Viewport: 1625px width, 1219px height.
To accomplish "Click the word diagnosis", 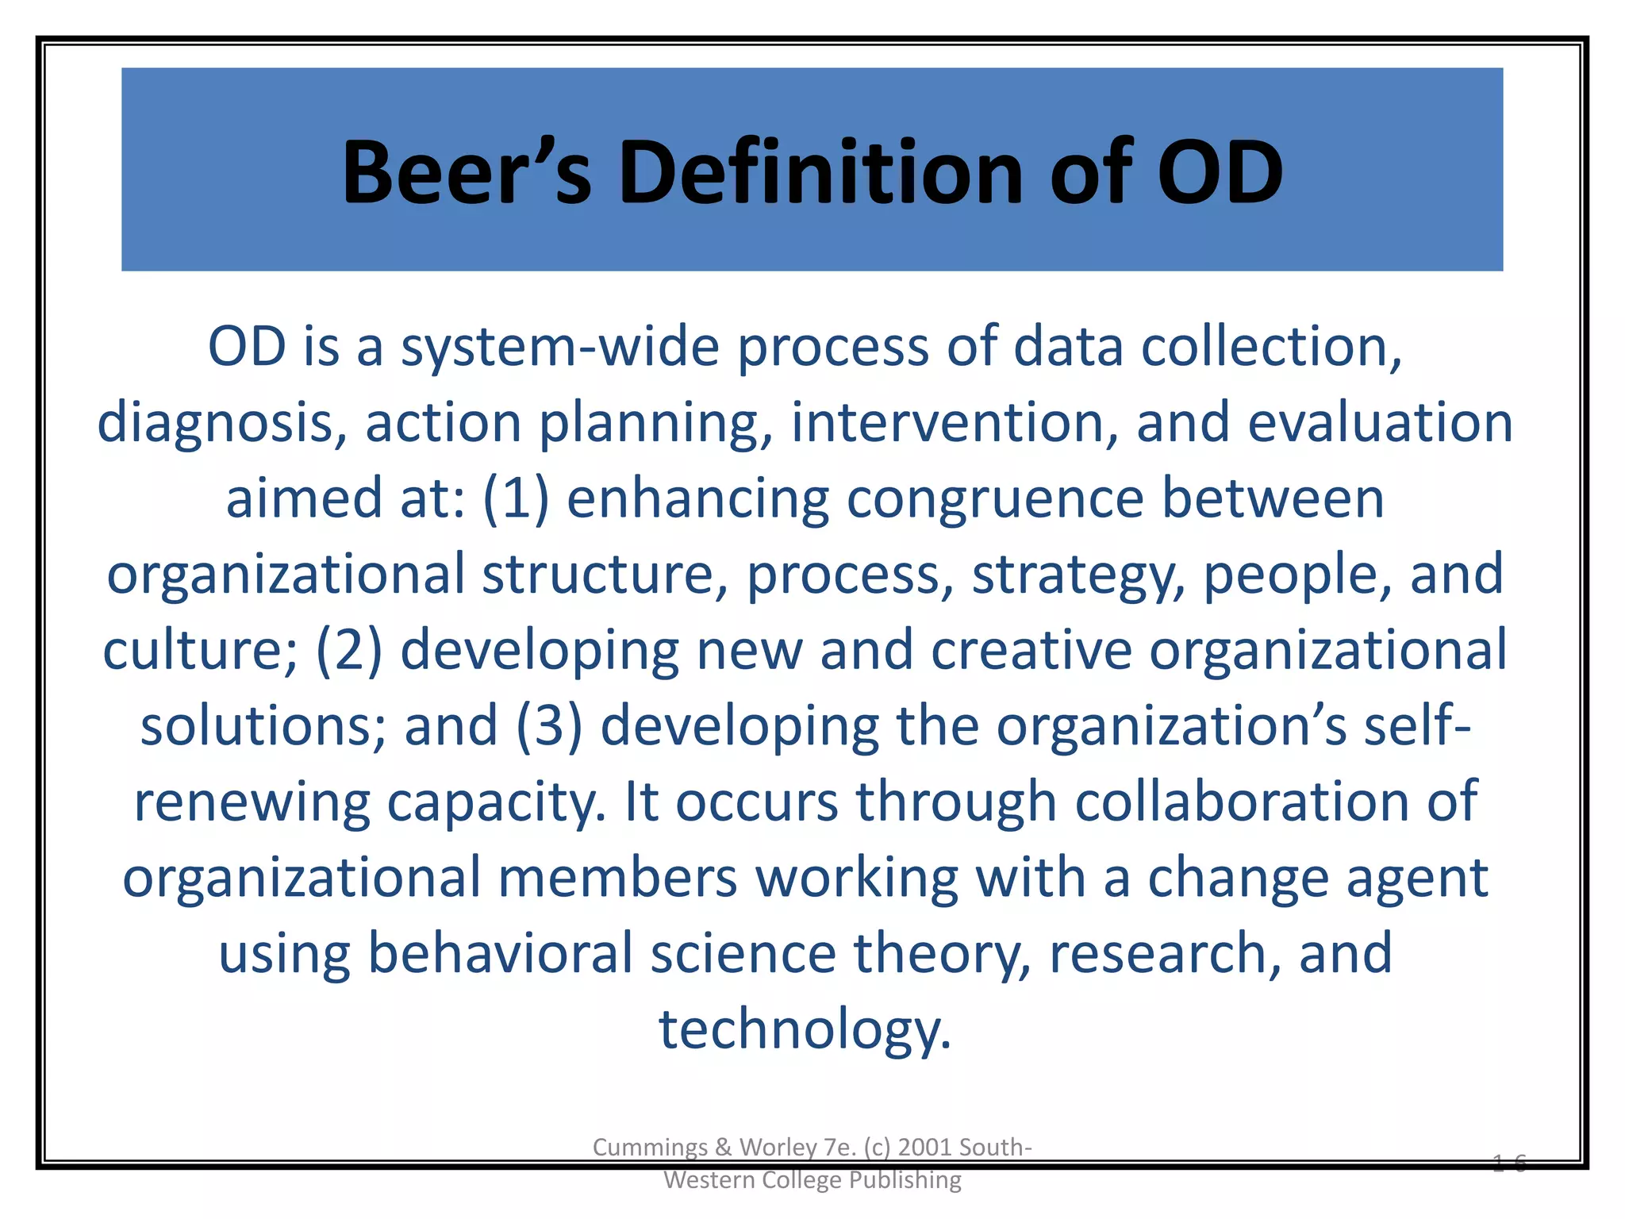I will point(221,424).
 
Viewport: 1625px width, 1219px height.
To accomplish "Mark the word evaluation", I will point(1380,422).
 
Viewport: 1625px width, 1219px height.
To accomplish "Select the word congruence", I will point(995,500).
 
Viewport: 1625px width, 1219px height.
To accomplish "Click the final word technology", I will point(805,1029).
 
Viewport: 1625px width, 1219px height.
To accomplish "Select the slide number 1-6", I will point(1508,1163).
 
